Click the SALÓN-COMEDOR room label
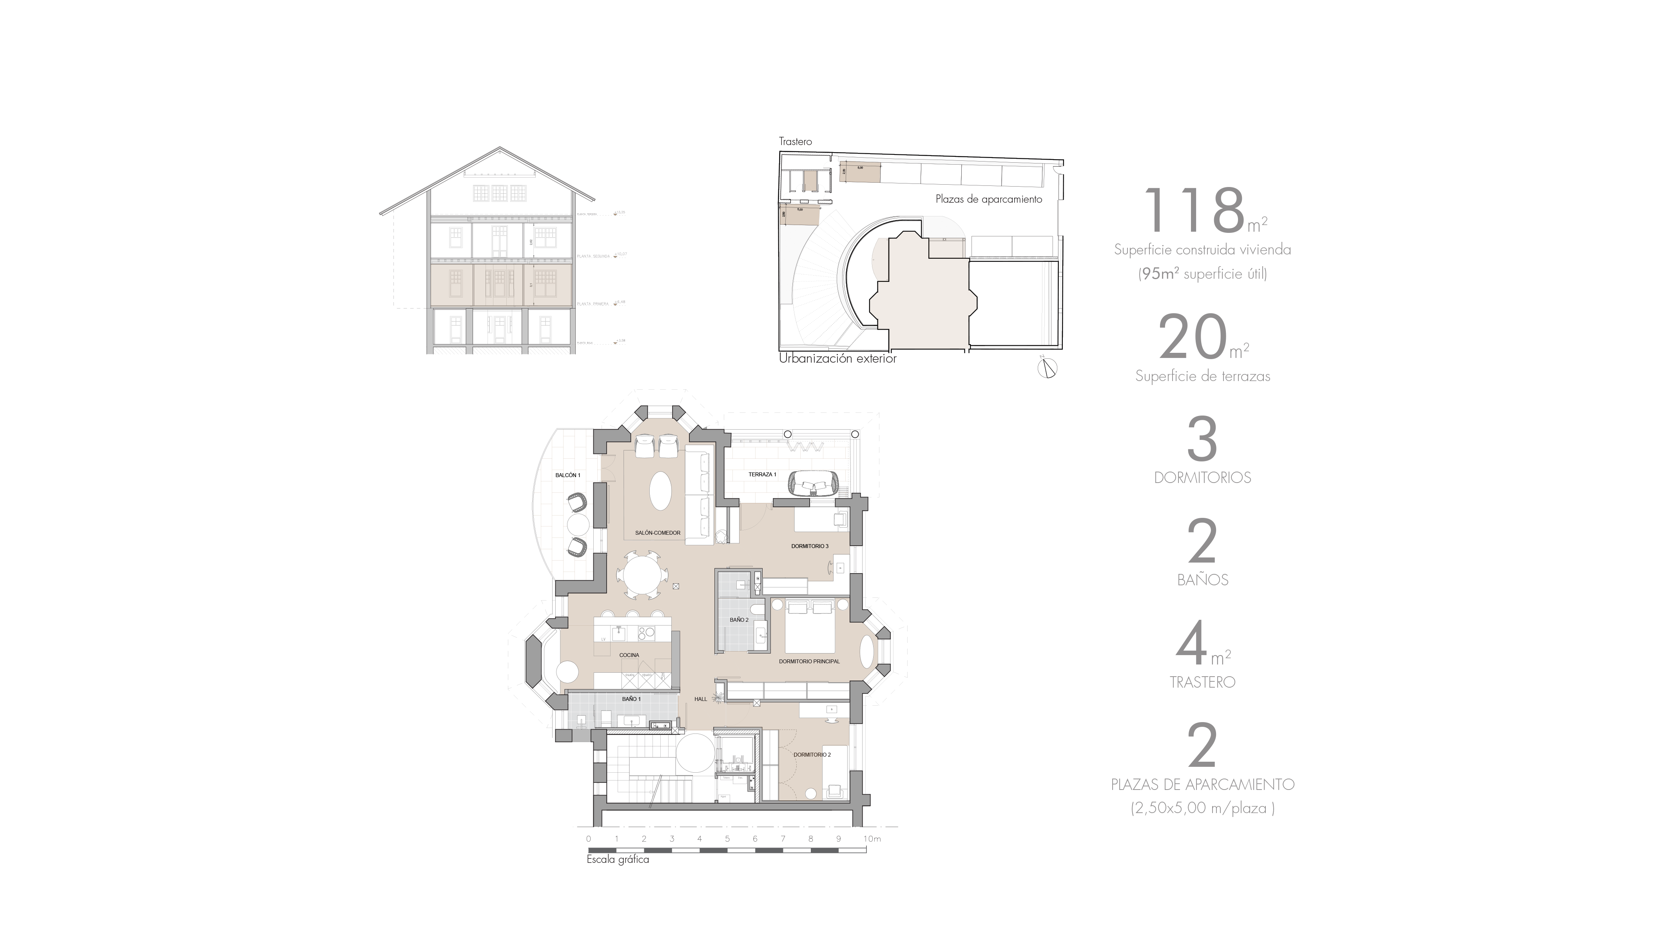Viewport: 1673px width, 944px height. click(x=657, y=533)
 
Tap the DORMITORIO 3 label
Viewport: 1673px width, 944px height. click(x=809, y=546)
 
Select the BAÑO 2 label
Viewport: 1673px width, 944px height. click(x=738, y=620)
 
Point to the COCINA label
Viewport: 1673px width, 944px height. click(x=629, y=655)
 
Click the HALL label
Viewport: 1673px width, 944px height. click(x=700, y=699)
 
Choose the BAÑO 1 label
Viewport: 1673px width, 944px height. click(x=631, y=699)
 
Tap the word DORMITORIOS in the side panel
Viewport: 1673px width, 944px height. click(x=1202, y=477)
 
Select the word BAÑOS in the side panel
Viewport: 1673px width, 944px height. click(x=1202, y=579)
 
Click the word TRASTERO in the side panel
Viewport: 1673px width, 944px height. click(x=1202, y=682)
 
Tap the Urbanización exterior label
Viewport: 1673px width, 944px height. click(x=837, y=358)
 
